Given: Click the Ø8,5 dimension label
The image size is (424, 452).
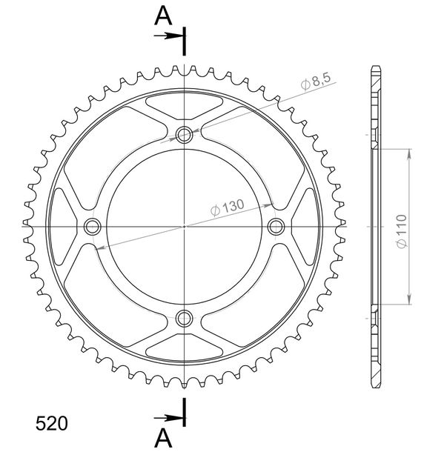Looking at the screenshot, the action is coord(316,81).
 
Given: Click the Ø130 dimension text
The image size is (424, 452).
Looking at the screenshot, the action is coord(228,207).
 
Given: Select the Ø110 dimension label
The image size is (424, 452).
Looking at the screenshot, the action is coord(401,231).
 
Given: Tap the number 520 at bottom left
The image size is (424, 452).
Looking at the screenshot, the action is coord(52,423).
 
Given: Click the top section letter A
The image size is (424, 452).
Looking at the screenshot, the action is coord(163,16).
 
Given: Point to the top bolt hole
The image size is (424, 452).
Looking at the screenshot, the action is coord(184,134).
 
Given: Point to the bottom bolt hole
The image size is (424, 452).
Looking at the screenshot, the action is coord(184,318).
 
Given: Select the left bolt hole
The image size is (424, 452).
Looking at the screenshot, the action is coord(93,227).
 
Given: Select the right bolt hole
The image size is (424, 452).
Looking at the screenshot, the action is coord(276,227).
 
